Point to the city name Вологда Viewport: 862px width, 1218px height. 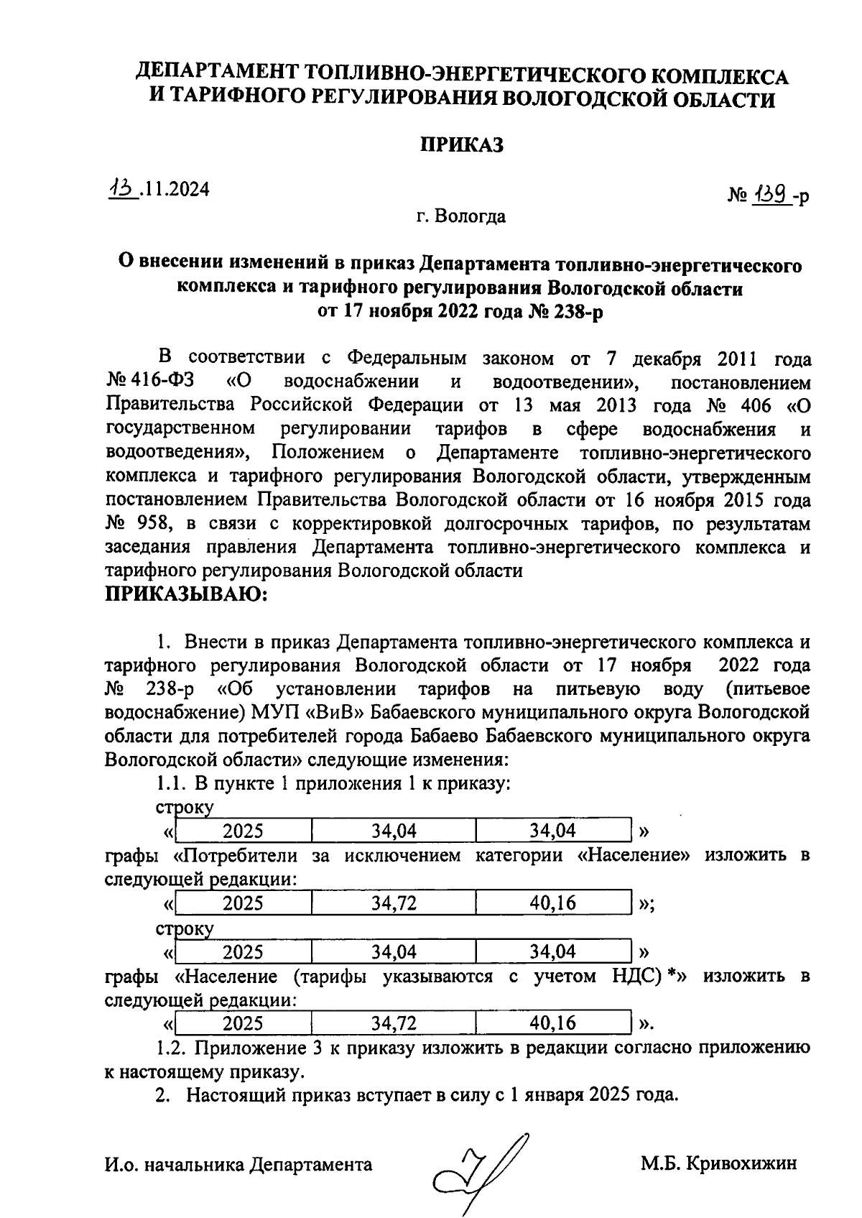click(x=471, y=216)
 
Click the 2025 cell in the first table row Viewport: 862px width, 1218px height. click(x=243, y=831)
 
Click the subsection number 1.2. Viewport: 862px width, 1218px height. click(x=171, y=1048)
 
